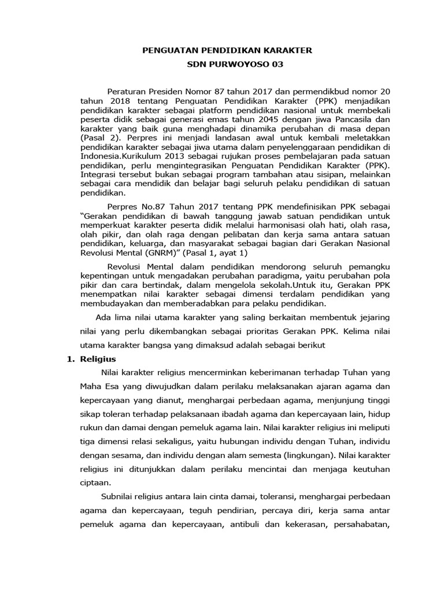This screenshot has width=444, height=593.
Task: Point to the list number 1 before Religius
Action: click(66, 359)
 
